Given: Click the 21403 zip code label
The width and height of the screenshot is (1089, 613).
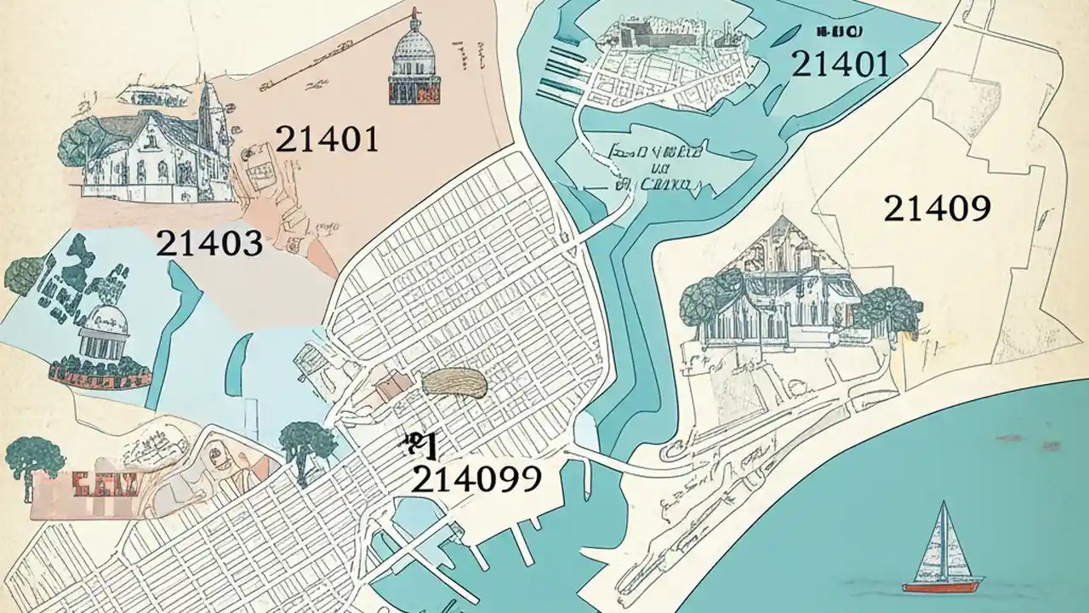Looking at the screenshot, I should point(209,244).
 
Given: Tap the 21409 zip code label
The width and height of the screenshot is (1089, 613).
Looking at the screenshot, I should point(937,208).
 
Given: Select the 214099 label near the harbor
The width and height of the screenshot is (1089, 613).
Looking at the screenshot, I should point(476,480).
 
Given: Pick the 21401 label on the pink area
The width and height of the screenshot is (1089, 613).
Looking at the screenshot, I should point(328,139).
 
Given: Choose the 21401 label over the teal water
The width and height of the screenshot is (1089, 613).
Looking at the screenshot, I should point(840,64).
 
